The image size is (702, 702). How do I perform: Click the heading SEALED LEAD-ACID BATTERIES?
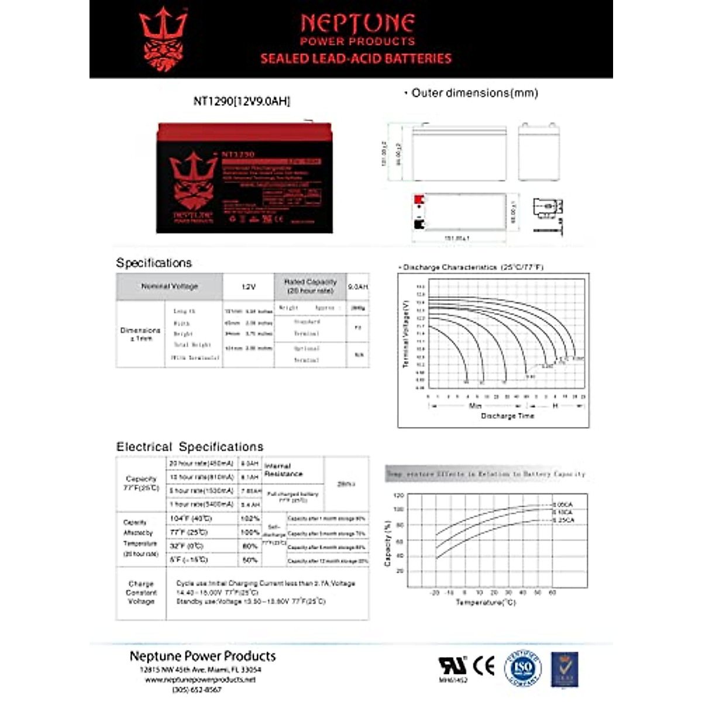click(x=356, y=58)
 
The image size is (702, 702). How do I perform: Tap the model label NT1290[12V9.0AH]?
click(x=242, y=101)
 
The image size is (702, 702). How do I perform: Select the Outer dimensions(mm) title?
click(x=474, y=93)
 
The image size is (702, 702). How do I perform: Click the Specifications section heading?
click(x=154, y=263)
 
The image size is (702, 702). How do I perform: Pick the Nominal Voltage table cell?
click(x=170, y=287)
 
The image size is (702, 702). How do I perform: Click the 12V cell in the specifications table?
click(x=249, y=287)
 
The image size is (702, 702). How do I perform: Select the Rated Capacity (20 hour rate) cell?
click(x=310, y=286)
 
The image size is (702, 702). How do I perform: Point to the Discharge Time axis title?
click(x=507, y=416)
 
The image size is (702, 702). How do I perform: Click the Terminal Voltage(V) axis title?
click(x=405, y=335)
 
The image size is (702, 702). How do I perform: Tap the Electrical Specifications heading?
click(x=190, y=447)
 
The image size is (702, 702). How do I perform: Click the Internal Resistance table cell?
click(x=284, y=470)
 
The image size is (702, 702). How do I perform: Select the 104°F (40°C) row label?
click(x=191, y=519)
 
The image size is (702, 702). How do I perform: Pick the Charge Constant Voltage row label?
click(x=141, y=593)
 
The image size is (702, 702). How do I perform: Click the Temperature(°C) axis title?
click(x=486, y=602)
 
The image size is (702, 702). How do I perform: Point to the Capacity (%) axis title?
click(x=387, y=543)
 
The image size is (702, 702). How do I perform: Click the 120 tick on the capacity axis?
click(x=399, y=495)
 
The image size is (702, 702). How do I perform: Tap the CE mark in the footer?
click(x=484, y=666)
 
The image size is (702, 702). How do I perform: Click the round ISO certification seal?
click(x=523, y=667)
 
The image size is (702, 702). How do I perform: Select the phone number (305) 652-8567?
click(x=197, y=690)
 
